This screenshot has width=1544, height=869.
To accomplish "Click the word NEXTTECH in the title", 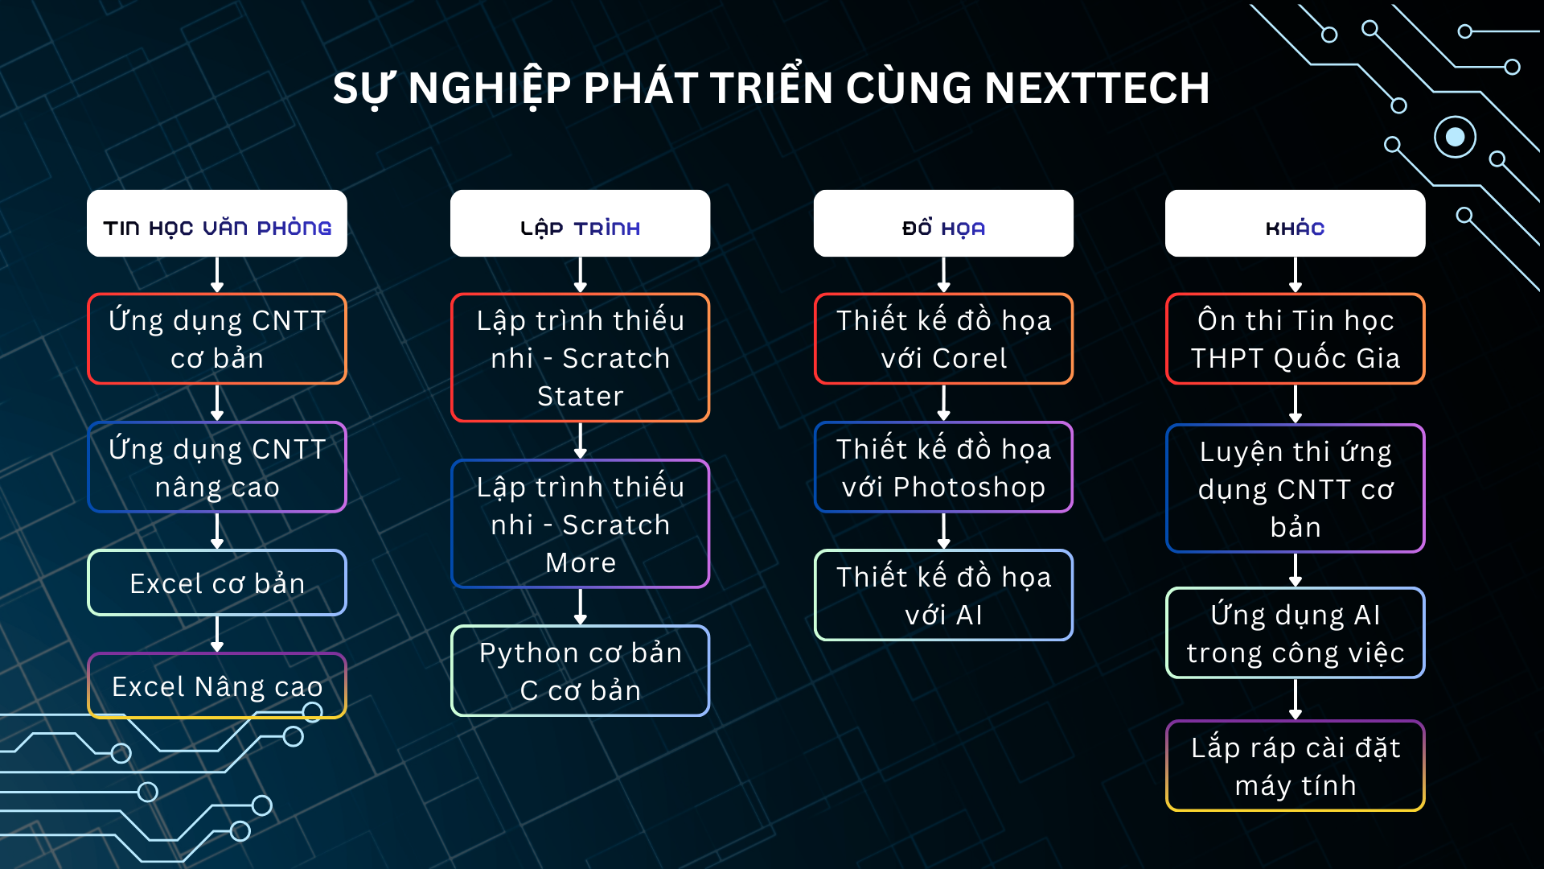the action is (x=1097, y=88).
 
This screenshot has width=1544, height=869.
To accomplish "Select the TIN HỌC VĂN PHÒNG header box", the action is (x=217, y=224).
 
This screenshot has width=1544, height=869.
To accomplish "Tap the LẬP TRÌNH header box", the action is (x=580, y=224).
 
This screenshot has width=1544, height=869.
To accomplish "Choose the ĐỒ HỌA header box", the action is (x=943, y=224).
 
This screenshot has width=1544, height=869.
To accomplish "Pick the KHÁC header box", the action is (x=1295, y=224).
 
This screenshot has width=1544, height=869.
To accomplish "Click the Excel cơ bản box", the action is (x=217, y=583).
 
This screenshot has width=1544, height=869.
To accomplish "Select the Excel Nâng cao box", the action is (x=217, y=686).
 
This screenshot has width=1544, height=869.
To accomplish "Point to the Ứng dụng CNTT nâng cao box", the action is (x=217, y=467).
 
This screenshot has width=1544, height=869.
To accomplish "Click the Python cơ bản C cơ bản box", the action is (x=580, y=671).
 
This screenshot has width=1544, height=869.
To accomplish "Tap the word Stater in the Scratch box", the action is (x=580, y=396).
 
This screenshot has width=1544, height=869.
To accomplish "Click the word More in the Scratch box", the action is (x=580, y=562).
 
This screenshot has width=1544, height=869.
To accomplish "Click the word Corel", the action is (x=969, y=358).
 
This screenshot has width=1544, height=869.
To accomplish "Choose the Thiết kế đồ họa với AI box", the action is (x=943, y=595).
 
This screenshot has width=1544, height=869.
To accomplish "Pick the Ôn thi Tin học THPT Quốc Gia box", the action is (x=1295, y=339).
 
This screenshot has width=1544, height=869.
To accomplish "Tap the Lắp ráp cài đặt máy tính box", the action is (x=1295, y=766).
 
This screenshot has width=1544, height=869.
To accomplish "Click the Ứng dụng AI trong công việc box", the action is (x=1295, y=633).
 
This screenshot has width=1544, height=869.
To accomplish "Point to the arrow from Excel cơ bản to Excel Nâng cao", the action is (x=217, y=634).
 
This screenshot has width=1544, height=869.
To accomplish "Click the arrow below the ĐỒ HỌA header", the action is (x=943, y=275).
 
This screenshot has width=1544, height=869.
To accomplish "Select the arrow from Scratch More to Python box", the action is (x=580, y=607).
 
